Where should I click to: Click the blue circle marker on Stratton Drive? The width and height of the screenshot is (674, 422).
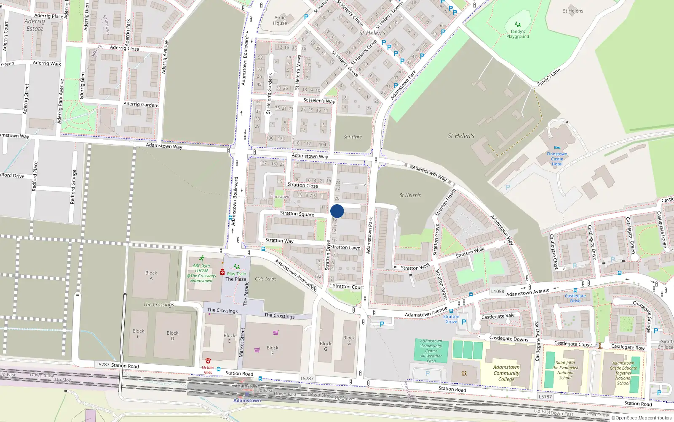point(337,211)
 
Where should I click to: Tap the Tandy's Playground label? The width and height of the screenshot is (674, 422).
point(517,34)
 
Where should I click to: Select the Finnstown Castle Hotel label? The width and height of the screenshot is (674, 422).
point(557,159)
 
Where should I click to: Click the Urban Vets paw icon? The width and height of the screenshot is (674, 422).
point(208,361)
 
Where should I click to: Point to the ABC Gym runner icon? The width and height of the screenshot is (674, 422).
point(202,258)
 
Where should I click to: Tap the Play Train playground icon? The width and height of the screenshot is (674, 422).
point(236,267)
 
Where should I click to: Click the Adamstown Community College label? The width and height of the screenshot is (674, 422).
point(506,373)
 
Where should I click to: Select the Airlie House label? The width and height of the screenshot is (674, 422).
point(280,20)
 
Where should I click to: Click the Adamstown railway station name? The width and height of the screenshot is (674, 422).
point(247,400)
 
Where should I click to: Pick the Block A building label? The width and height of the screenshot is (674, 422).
point(151,276)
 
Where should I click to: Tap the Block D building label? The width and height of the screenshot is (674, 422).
point(172,335)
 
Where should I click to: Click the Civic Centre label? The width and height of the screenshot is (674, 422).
point(266,279)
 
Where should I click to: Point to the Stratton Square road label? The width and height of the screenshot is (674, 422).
point(297,214)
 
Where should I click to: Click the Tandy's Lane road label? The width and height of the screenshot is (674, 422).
point(548,77)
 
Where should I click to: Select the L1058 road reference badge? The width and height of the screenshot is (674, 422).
point(497,291)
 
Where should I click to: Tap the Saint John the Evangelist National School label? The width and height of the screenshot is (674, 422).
point(565,370)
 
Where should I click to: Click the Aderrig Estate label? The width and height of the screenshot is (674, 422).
point(35,25)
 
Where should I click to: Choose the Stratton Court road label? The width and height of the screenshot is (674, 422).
point(348,287)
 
